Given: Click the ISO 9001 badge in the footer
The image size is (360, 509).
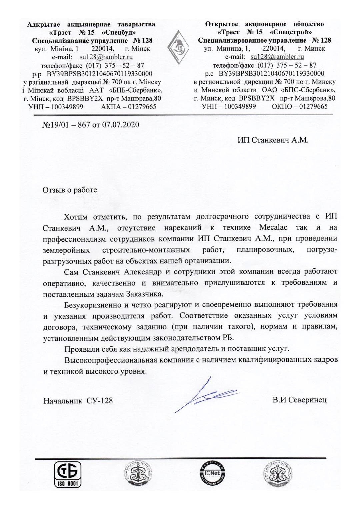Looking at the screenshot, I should click(x=68, y=474).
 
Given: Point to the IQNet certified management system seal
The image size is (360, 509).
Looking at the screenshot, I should click(x=212, y=473).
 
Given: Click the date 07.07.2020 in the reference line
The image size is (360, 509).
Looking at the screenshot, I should click(x=121, y=125).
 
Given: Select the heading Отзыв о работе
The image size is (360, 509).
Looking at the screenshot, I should click(x=70, y=190).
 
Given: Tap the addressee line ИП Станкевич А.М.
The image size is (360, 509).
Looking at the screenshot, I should click(x=273, y=140).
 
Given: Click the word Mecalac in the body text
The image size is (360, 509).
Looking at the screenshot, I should click(x=273, y=228).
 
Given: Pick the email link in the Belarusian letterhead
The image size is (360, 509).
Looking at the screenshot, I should click(x=106, y=57).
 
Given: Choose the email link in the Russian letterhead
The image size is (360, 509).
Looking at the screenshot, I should click(x=277, y=57).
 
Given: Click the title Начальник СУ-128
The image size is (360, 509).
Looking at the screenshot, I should click(x=78, y=400).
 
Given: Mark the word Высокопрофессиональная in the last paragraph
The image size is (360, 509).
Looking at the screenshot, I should click(x=110, y=360).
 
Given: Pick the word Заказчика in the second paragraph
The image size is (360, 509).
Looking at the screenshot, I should click(x=145, y=294).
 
